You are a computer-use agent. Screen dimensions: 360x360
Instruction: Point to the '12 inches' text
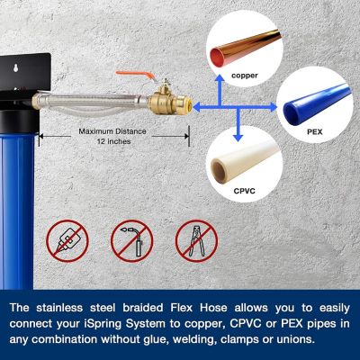114,142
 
